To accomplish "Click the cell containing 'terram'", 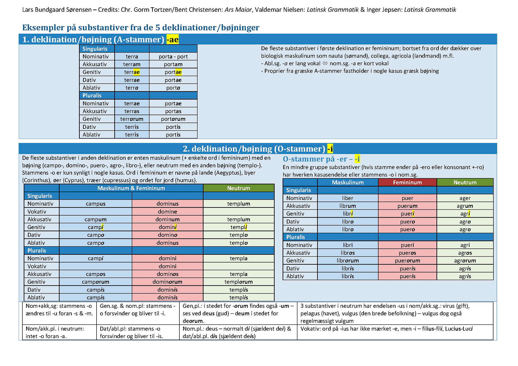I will click(132, 64).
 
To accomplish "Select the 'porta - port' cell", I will click(173, 57).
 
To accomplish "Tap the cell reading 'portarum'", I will click(173, 119).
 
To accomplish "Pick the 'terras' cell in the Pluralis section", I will click(132, 111).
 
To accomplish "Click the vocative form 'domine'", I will click(167, 212).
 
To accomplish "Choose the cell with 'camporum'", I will click(96, 282).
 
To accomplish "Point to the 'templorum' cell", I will click(238, 282).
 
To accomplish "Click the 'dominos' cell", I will click(167, 274).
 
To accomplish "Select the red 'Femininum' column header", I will click(407, 182).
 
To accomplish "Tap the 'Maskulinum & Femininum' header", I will click(131, 188).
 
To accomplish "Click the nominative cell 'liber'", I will click(347, 198).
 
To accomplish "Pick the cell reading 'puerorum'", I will click(407, 261).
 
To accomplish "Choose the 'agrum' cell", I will click(465, 206).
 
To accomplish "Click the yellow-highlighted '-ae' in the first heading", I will click(172, 40).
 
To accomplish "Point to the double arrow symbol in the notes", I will click(325, 63).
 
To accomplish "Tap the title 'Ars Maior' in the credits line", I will click(238, 10).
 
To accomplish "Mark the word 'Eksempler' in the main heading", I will click(40, 27).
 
